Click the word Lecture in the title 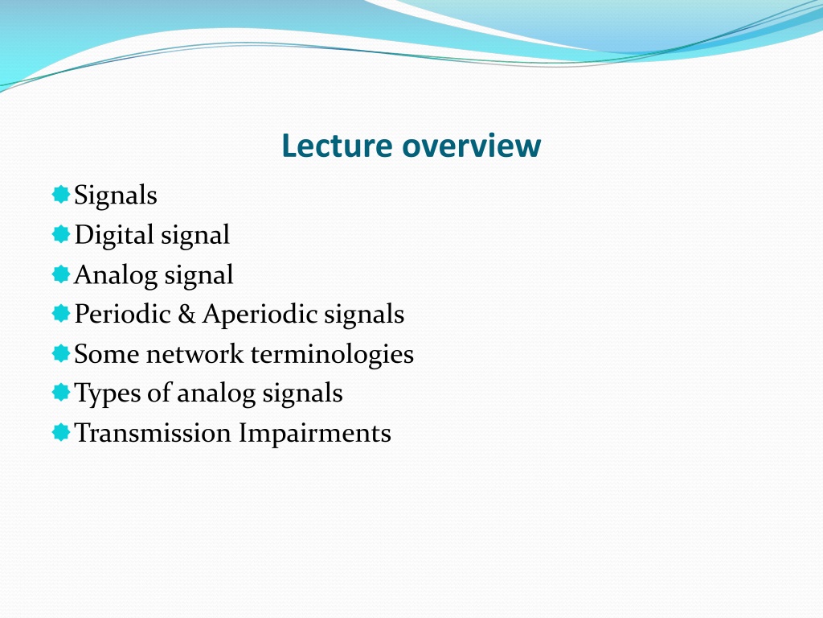tap(337, 146)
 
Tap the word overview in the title tap(471, 146)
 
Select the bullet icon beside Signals tap(61, 195)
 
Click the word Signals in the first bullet tap(116, 195)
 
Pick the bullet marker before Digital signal tap(61, 234)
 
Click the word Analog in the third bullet tap(116, 275)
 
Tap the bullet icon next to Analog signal tap(61, 274)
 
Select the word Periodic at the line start tap(123, 314)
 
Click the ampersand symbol tap(186, 314)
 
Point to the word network tap(194, 354)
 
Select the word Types tap(108, 393)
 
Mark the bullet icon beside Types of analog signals tap(61, 392)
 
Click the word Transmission tap(153, 433)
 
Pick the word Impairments tap(315, 434)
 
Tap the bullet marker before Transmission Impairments tap(61, 432)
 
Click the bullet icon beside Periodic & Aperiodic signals tap(61, 313)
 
